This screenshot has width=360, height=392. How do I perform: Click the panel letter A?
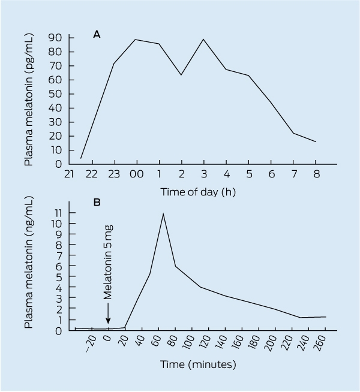pyautogui.click(x=97, y=34)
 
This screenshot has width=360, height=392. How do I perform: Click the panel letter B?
pyautogui.click(x=97, y=202)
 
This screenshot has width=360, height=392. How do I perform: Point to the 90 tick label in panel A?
pyautogui.click(x=55, y=38)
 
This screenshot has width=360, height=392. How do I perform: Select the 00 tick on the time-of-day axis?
pyautogui.click(x=137, y=174)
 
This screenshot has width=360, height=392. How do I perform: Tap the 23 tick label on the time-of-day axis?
pyautogui.click(x=114, y=174)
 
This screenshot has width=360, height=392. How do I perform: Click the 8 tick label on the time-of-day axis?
pyautogui.click(x=316, y=174)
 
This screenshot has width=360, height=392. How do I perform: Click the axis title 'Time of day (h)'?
pyautogui.click(x=198, y=192)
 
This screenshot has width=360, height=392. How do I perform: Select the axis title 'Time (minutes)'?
pyautogui.click(x=198, y=364)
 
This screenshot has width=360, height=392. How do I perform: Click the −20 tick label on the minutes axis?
pyautogui.click(x=91, y=343)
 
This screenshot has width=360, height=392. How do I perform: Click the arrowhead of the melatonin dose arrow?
pyautogui.click(x=108, y=321)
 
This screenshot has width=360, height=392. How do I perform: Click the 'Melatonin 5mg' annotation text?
pyautogui.click(x=108, y=263)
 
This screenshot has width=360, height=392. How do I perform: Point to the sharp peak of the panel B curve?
pyautogui.click(x=163, y=214)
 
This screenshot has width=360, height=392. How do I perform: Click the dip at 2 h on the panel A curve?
pyautogui.click(x=181, y=75)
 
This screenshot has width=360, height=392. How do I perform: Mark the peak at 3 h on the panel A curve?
pyautogui.click(x=203, y=39)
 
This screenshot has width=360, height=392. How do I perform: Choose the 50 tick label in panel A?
pyautogui.click(x=55, y=94)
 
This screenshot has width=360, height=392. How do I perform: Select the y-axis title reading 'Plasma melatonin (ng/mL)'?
pyautogui.click(x=29, y=262)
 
